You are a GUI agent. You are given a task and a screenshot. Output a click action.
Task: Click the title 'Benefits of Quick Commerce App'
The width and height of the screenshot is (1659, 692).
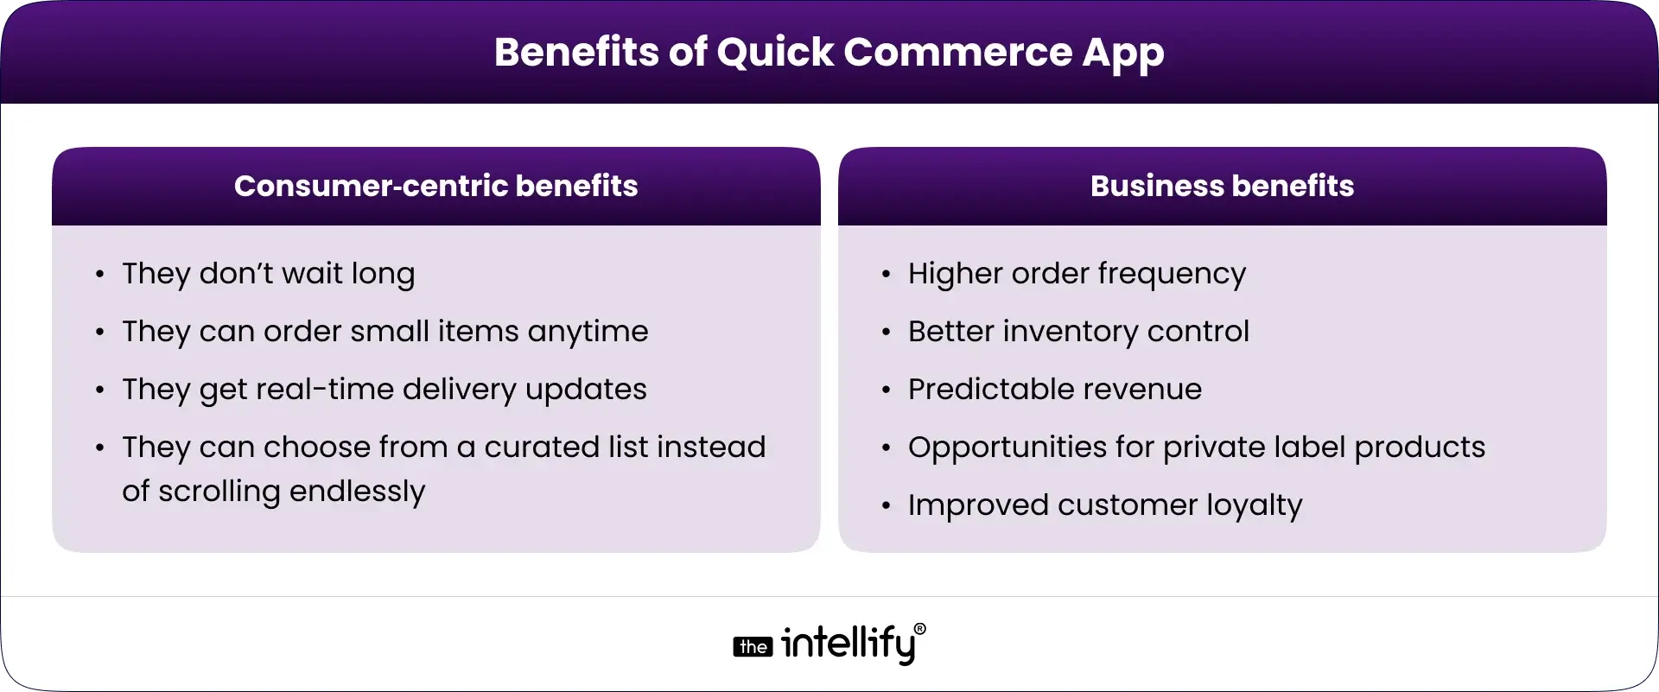pos(829,52)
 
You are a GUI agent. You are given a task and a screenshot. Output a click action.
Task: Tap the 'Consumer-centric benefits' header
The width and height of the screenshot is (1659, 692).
pos(435,186)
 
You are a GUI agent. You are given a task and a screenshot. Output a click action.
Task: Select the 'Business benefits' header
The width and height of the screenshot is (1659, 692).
pos(1222,186)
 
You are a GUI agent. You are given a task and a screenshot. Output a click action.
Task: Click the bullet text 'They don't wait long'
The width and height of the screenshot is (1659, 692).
pos(268,274)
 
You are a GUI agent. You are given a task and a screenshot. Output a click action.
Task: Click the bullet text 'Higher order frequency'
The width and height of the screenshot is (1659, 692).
pos(1077,274)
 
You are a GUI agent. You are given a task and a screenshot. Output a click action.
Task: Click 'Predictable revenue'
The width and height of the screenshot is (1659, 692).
pos(1054,390)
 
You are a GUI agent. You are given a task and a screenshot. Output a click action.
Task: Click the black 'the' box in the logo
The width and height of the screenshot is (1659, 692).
pos(753,647)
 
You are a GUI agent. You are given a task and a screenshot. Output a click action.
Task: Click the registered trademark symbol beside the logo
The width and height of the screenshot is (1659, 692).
pos(919,630)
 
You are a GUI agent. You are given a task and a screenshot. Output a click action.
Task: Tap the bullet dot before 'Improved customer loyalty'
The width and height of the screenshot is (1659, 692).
pos(886,506)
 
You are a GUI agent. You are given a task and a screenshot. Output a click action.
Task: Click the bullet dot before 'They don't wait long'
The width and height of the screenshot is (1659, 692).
pos(100,276)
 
